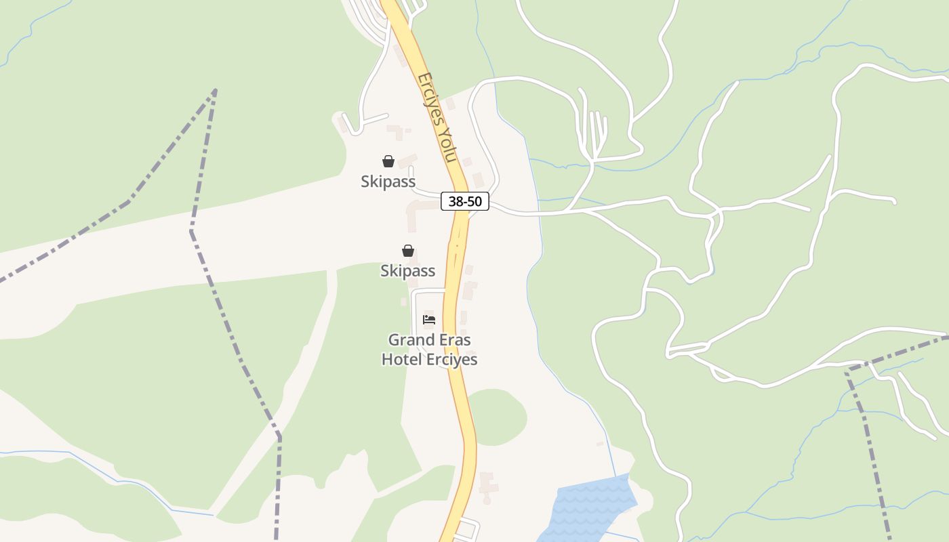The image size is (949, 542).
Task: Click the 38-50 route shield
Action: pyautogui.click(x=465, y=201)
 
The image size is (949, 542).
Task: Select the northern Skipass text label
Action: pyautogui.click(x=388, y=182)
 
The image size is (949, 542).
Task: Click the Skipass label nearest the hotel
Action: pyautogui.click(x=407, y=271)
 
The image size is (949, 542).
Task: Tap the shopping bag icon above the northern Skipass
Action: pyautogui.click(x=388, y=161)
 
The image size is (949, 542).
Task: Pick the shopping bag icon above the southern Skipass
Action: pyautogui.click(x=408, y=251)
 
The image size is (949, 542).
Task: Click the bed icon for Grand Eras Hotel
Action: pyautogui.click(x=429, y=320)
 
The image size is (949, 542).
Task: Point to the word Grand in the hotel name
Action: pyautogui.click(x=411, y=339)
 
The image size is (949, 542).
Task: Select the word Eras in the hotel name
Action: pyautogui.click(x=453, y=339)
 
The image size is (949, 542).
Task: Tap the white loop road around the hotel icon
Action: pyautogui.click(x=414, y=312)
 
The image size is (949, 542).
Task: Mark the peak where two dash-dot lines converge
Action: pyautogui.click(x=215, y=89)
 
